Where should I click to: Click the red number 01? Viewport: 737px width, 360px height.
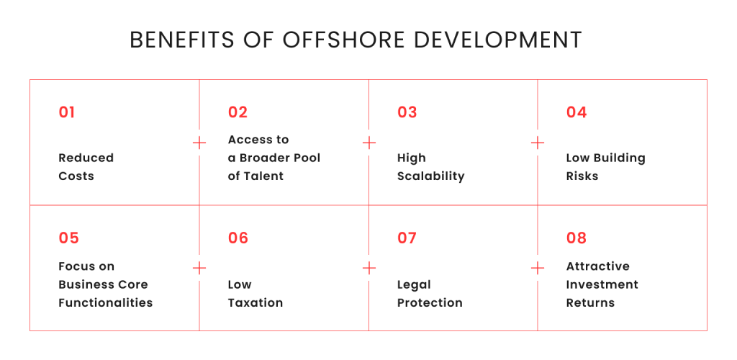67,112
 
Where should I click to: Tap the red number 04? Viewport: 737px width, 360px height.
577,112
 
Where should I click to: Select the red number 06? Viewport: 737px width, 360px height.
238,238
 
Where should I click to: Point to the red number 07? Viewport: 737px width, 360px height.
407,238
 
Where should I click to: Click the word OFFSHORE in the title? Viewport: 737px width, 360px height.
343,40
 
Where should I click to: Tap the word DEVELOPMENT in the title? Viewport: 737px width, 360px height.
498,40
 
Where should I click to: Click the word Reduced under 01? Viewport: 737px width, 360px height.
86,158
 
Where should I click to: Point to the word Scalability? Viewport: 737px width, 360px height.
430,176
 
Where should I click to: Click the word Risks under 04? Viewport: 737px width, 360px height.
582,176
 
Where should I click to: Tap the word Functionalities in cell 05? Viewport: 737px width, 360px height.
106,302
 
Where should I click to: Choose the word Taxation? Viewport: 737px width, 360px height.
256,302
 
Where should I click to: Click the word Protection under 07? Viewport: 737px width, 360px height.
430,302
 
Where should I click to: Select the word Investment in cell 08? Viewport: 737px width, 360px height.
602,284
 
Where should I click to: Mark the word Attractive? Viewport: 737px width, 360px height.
597,266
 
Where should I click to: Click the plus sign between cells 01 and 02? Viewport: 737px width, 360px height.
199,143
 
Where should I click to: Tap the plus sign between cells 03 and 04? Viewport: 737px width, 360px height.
538,143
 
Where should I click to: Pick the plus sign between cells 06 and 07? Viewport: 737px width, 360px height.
369,269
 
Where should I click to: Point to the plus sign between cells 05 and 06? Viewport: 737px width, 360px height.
199,269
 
